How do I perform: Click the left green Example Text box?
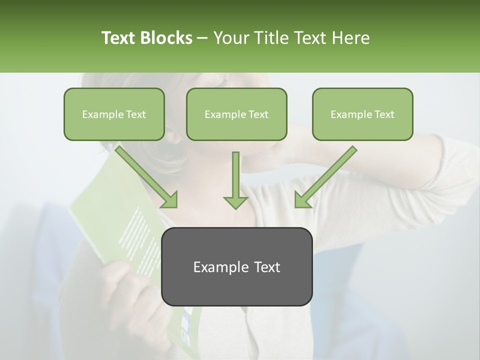(114, 114)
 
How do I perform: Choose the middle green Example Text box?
(236, 114)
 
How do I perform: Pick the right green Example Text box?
(362, 114)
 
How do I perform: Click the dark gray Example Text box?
(237, 266)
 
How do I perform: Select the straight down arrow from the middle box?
(235, 179)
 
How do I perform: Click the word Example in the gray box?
(216, 267)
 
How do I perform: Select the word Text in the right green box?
(384, 114)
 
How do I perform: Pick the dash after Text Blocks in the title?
(202, 38)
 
